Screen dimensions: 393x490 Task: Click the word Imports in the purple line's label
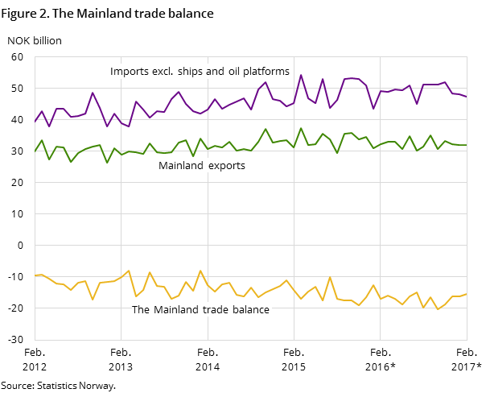[x=128, y=72]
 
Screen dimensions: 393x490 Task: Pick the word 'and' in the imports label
[x=217, y=72]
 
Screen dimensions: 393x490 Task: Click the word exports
[x=227, y=166]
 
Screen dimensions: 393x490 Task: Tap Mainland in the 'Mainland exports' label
[x=182, y=166]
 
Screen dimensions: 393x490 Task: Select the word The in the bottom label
[x=141, y=310]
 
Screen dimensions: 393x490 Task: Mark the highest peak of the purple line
[x=301, y=75]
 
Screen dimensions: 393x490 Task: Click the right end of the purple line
[x=467, y=97]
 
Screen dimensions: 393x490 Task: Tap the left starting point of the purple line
[x=35, y=122]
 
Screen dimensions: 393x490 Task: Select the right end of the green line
[x=467, y=145]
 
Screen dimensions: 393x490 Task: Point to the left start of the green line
[x=35, y=152]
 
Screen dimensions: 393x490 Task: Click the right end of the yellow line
[x=467, y=294]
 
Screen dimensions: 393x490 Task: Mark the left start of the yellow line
[x=35, y=275]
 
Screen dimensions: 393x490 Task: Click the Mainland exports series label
[x=201, y=166]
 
